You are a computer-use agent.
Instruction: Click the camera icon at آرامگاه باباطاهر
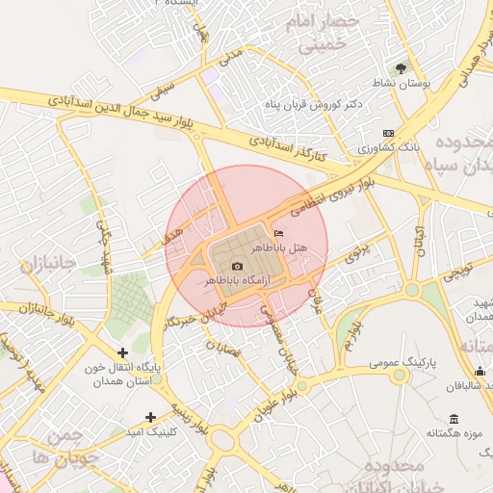click(238, 266)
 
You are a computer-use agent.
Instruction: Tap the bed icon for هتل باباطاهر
click(279, 233)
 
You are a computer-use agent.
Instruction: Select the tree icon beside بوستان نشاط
click(402, 66)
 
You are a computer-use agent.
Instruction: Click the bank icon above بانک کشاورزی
click(388, 133)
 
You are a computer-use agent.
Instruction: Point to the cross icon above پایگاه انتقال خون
click(122, 353)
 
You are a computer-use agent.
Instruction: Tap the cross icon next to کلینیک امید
click(150, 417)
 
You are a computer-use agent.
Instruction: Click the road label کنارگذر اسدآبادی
click(289, 147)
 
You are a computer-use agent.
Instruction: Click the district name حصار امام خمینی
click(327, 32)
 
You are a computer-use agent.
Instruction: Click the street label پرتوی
click(358, 253)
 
